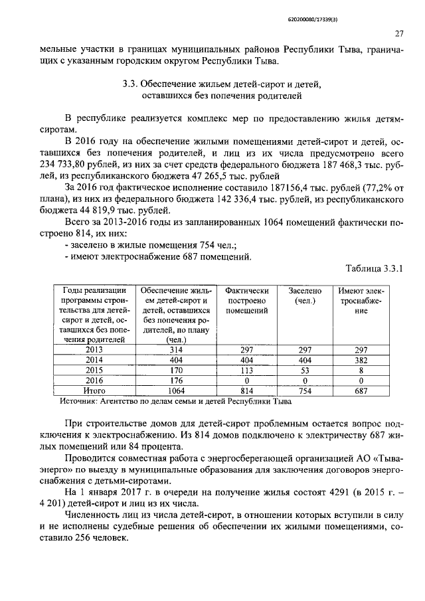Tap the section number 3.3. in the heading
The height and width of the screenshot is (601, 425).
[x=131, y=84]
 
